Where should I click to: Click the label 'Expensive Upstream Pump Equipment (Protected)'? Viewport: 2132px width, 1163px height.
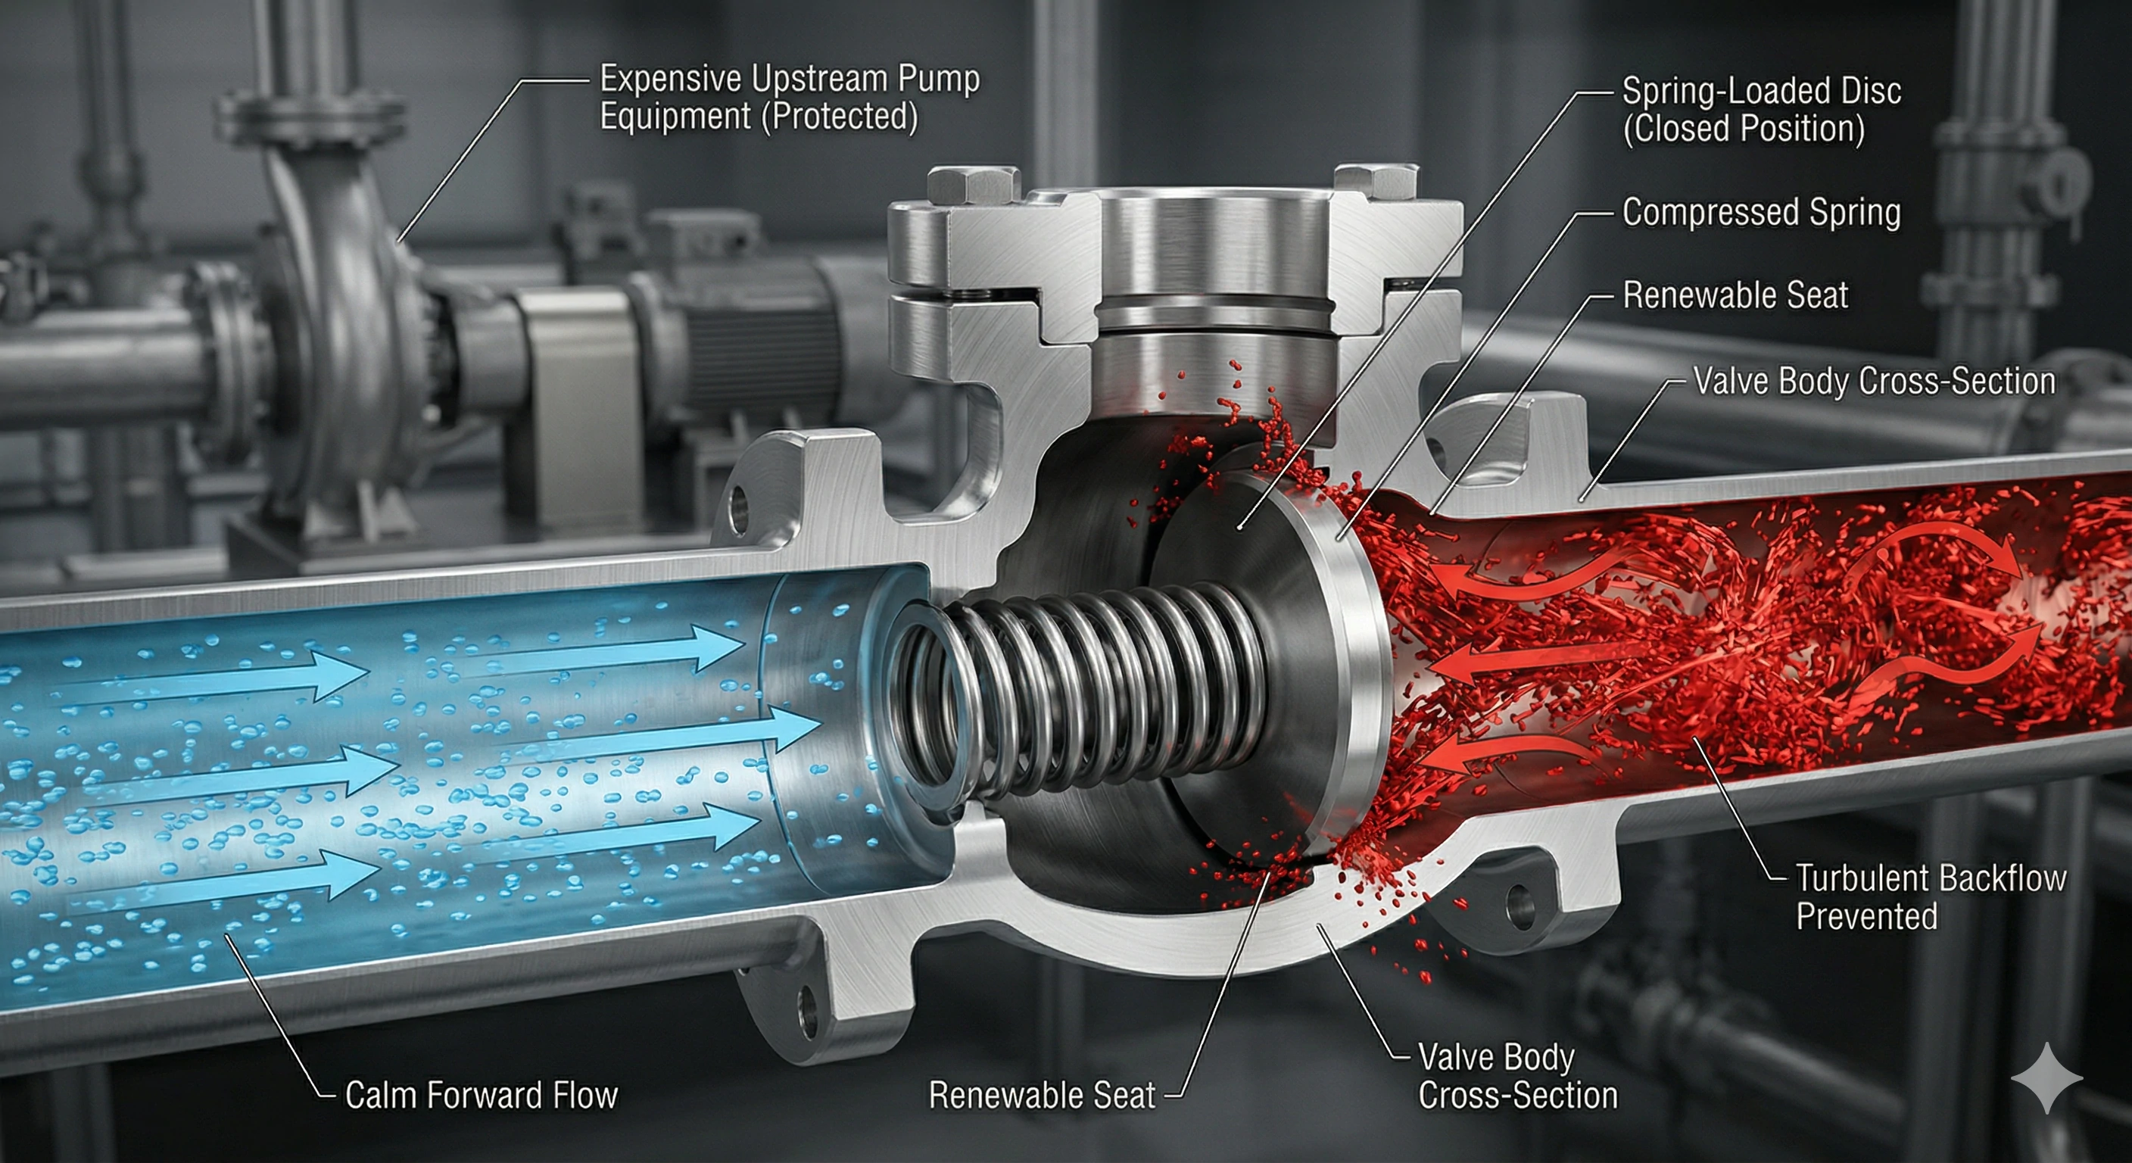(789, 98)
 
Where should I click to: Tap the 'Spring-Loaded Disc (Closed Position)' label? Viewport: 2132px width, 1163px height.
(1760, 109)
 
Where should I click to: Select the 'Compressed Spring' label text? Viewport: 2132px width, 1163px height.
(1760, 213)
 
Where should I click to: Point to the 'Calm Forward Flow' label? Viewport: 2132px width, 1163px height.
(481, 1095)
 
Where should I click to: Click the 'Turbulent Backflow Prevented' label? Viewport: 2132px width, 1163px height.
(1930, 896)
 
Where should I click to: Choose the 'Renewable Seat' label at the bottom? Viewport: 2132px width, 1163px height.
(1041, 1095)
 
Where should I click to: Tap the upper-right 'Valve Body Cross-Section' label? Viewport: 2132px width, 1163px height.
(1874, 382)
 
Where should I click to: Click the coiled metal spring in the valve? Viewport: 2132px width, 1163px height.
(1092, 687)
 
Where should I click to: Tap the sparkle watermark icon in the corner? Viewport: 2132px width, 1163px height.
(2046, 1076)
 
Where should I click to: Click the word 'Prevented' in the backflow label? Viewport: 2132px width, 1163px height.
(1866, 916)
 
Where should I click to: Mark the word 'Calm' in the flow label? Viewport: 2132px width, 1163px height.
(379, 1095)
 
